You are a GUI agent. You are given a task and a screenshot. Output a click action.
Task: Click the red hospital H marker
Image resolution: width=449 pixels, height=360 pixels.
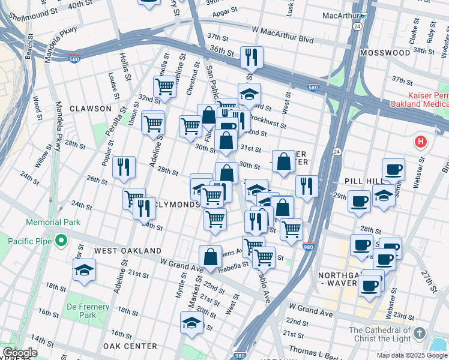coord(421,143)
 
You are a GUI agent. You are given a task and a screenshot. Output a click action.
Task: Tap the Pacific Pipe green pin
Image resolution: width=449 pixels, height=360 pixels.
coord(60,241)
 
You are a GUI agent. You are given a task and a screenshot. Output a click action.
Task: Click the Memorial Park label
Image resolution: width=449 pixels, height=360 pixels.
coord(53,222)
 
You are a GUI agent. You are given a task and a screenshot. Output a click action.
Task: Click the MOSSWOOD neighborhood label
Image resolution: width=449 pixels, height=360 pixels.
coord(385,53)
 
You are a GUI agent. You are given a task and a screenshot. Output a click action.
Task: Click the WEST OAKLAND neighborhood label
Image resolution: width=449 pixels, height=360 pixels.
coord(127,250)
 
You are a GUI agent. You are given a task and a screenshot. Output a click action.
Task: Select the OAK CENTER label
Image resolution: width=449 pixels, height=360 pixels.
coord(130,346)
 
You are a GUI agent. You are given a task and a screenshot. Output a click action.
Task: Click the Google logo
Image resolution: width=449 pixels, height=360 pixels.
coord(20,353)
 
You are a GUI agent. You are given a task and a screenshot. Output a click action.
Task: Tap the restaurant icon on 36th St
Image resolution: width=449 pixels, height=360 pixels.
coord(251,58)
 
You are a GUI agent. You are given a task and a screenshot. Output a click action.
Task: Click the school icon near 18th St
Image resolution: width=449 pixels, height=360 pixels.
coord(83,270)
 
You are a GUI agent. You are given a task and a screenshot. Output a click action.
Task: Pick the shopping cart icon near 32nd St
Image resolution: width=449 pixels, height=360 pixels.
coord(164,87)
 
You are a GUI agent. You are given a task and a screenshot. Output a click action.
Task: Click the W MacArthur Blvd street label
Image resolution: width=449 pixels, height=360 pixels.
coord(283,29)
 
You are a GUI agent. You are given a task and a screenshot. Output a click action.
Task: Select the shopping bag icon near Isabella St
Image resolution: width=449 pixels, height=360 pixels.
coord(211,257)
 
